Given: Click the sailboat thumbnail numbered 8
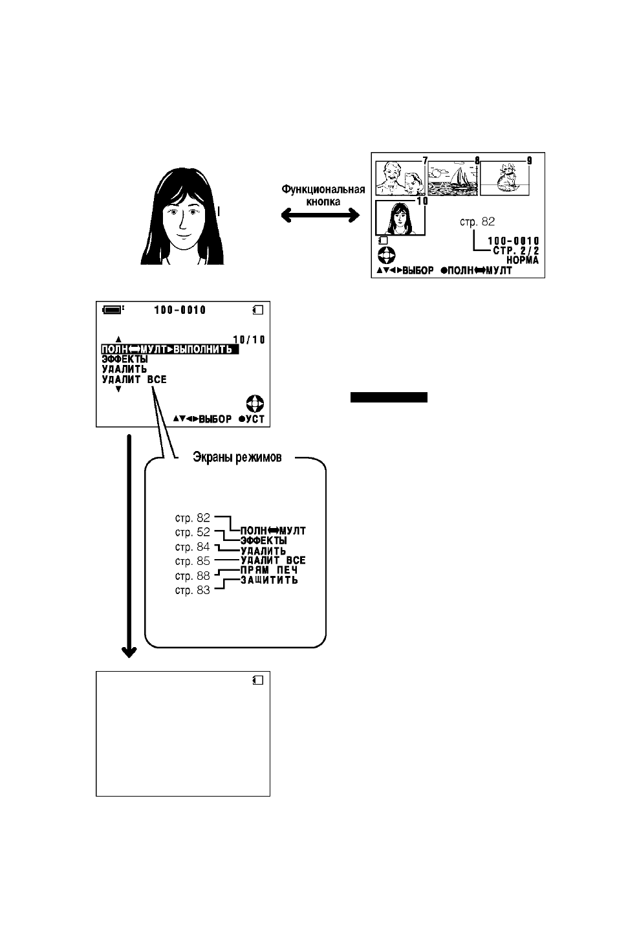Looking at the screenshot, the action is (453, 178).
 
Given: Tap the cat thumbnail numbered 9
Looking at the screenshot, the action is (504, 178).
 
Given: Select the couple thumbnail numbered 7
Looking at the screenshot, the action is (400, 178).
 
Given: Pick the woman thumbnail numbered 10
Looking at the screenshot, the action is (400, 218).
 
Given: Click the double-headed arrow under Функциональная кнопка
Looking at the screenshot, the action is (320, 215).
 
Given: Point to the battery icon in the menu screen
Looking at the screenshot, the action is (113, 309).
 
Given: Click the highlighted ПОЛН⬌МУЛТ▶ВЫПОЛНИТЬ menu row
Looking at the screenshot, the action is (170, 349).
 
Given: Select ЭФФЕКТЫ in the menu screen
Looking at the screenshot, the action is (125, 359).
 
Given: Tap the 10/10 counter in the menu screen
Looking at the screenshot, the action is (249, 339).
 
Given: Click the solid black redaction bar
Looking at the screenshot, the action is (389, 397).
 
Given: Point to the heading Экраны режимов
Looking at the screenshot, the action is (237, 457).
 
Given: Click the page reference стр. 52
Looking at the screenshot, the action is (192, 532).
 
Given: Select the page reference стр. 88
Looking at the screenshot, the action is (192, 575).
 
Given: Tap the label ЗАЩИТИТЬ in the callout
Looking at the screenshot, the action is (269, 580).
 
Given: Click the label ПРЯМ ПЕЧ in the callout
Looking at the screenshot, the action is (269, 570).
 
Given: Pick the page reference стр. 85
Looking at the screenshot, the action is (192, 561).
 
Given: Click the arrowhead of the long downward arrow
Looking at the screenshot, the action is (129, 652).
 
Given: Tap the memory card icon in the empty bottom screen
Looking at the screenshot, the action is (258, 680).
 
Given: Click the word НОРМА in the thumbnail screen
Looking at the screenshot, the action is (523, 260).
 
